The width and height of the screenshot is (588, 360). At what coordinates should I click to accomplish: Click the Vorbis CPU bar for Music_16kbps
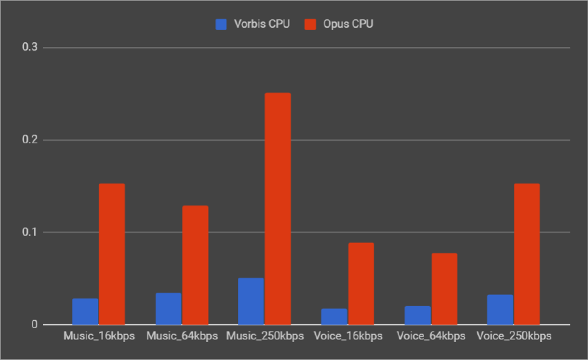point(85,312)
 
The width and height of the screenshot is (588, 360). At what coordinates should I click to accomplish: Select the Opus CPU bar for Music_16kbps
point(112,254)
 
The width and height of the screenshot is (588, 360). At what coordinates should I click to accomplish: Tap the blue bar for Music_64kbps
point(168,309)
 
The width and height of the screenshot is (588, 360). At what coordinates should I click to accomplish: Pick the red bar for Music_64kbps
point(195,265)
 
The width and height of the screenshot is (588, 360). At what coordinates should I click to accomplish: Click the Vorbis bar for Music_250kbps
point(251,301)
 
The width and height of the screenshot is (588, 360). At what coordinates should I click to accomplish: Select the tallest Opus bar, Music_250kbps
point(278,208)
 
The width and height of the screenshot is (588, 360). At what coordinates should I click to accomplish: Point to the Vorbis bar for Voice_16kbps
point(334,316)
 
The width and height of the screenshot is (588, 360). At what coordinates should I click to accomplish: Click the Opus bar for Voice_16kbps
point(361,283)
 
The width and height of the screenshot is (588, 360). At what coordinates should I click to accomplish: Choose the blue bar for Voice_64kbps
point(417,315)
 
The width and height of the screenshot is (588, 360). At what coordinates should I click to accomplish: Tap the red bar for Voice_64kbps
point(444,289)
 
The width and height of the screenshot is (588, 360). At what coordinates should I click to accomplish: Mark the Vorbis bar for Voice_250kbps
point(500,309)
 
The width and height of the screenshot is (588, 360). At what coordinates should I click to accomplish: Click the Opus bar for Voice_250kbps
point(527,254)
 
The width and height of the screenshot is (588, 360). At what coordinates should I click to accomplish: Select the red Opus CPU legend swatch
point(311,24)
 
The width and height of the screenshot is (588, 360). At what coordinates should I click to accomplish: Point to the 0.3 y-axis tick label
point(30,48)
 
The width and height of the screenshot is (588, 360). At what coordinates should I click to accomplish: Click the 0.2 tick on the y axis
point(30,140)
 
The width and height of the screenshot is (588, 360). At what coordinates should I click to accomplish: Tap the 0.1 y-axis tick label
point(30,232)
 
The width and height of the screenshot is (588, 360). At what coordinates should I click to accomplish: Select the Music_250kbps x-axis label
point(264,336)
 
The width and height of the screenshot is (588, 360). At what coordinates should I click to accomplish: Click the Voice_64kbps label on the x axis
point(430,336)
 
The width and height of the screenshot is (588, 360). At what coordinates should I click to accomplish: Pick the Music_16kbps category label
point(98,336)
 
